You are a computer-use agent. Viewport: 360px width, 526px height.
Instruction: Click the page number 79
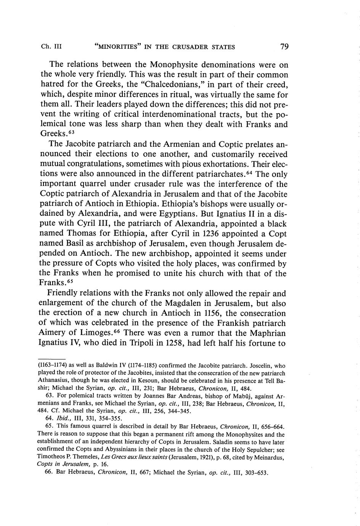(x=284, y=47)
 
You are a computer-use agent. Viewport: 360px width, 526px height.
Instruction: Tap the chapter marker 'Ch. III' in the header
(x=51, y=47)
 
